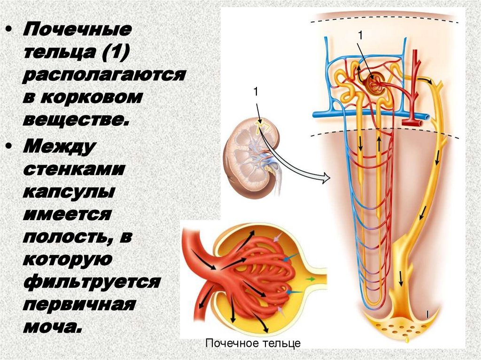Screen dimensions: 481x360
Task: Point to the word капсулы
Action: tap(66, 193)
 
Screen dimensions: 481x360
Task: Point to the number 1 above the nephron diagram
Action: tap(361, 36)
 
